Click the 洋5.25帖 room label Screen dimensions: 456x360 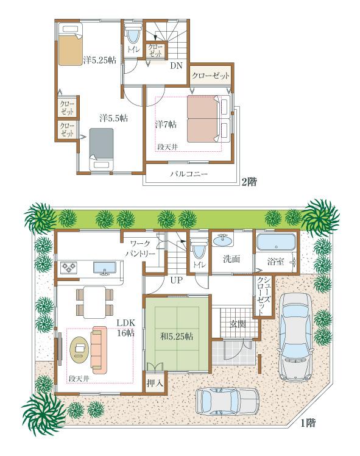99,60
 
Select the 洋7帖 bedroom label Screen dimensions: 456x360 166,124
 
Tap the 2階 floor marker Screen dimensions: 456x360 248,181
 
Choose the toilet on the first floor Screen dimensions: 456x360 199,249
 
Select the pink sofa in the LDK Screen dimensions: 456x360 99,349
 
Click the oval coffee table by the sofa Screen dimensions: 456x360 79,348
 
